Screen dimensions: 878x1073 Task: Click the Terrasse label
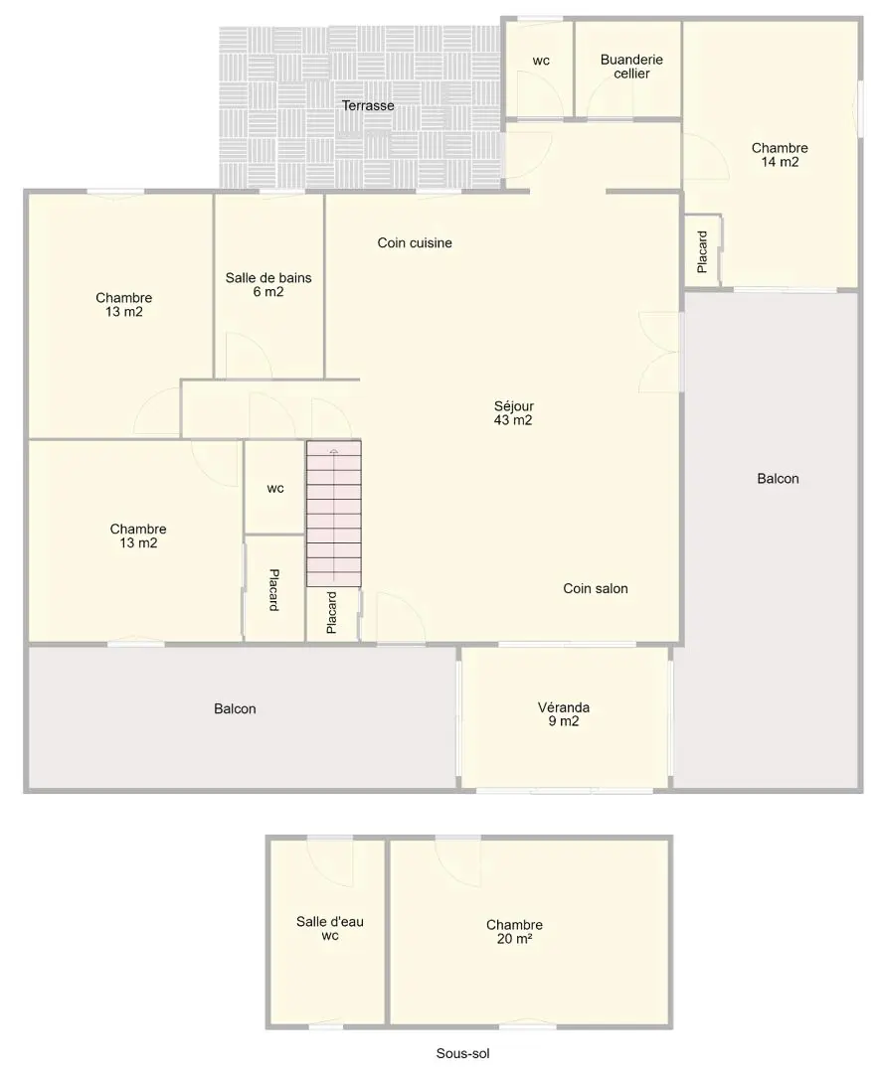(x=368, y=105)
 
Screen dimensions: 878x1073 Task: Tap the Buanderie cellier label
(x=631, y=67)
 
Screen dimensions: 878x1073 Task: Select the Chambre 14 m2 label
(x=780, y=155)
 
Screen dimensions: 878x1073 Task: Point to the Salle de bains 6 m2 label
(x=268, y=285)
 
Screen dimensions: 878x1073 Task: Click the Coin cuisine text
(x=415, y=242)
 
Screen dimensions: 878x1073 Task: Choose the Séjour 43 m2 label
(x=514, y=413)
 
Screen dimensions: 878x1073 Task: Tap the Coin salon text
(x=596, y=588)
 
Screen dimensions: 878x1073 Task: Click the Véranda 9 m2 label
(x=564, y=714)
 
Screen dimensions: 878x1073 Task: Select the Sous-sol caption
(x=463, y=1054)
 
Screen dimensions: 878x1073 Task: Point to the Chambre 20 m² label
(x=514, y=931)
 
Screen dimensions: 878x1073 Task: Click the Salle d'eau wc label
(x=330, y=929)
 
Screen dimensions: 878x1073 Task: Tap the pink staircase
(x=333, y=514)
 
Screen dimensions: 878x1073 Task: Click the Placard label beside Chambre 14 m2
(x=702, y=251)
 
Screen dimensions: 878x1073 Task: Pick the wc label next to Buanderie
(x=541, y=61)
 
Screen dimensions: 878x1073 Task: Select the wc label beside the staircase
(x=275, y=488)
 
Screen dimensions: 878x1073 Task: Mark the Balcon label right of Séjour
(x=778, y=478)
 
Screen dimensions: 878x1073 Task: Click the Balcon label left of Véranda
(x=235, y=709)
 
